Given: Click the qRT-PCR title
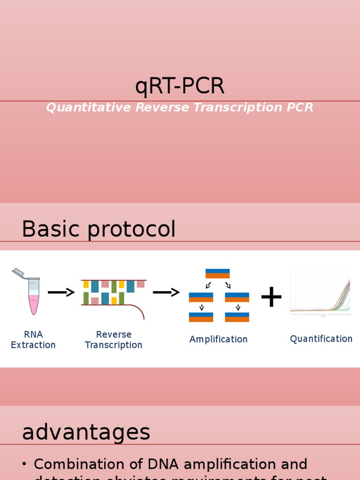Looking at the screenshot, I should coord(180,86).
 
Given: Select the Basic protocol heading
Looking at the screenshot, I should coord(98,229).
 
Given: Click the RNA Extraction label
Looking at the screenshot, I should coord(33,340).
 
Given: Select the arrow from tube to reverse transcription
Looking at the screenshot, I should coord(61,292).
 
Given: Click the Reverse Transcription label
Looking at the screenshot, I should coord(113,340).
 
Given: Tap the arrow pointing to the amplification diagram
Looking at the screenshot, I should coord(166,292).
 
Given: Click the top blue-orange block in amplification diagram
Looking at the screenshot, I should coord(217,274).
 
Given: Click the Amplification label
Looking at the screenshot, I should coord(218,339).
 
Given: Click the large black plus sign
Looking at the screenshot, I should coord(271,297).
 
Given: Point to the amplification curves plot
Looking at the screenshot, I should coord(320,293).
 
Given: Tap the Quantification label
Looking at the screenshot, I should coord(321,339).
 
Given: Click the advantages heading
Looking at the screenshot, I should coord(86,432).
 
